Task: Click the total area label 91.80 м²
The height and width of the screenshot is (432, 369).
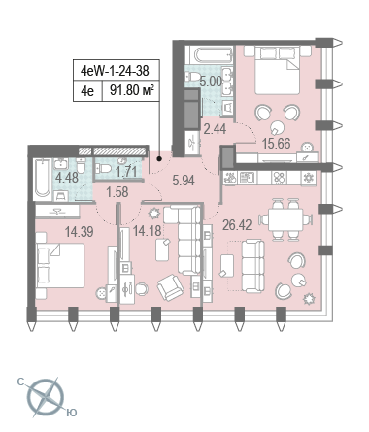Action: (x=132, y=90)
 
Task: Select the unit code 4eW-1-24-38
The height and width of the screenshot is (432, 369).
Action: (x=115, y=70)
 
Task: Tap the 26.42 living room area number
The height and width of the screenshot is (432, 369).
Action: (x=237, y=225)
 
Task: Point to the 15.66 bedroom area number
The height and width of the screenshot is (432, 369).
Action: (x=276, y=144)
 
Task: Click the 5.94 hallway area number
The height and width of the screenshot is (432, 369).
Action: (x=184, y=181)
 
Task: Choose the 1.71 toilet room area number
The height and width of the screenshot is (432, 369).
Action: (x=126, y=171)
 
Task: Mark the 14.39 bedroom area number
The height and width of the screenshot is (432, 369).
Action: (x=79, y=232)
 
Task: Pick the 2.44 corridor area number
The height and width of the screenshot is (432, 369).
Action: (x=215, y=129)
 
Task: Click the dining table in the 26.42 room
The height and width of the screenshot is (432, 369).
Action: (x=285, y=219)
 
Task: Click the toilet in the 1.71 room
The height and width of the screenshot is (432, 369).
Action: (x=103, y=168)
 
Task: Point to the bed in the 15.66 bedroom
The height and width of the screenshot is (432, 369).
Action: (x=277, y=70)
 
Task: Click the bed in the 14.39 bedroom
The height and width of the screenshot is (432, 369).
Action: (x=61, y=266)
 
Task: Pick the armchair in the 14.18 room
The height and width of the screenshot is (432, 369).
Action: (x=170, y=287)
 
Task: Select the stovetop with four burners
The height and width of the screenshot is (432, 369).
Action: (x=279, y=178)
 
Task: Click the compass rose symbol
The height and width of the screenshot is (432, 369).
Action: (x=46, y=397)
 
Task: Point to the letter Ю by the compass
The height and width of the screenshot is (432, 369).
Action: (x=72, y=413)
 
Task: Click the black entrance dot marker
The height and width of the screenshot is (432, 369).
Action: (x=159, y=159)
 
